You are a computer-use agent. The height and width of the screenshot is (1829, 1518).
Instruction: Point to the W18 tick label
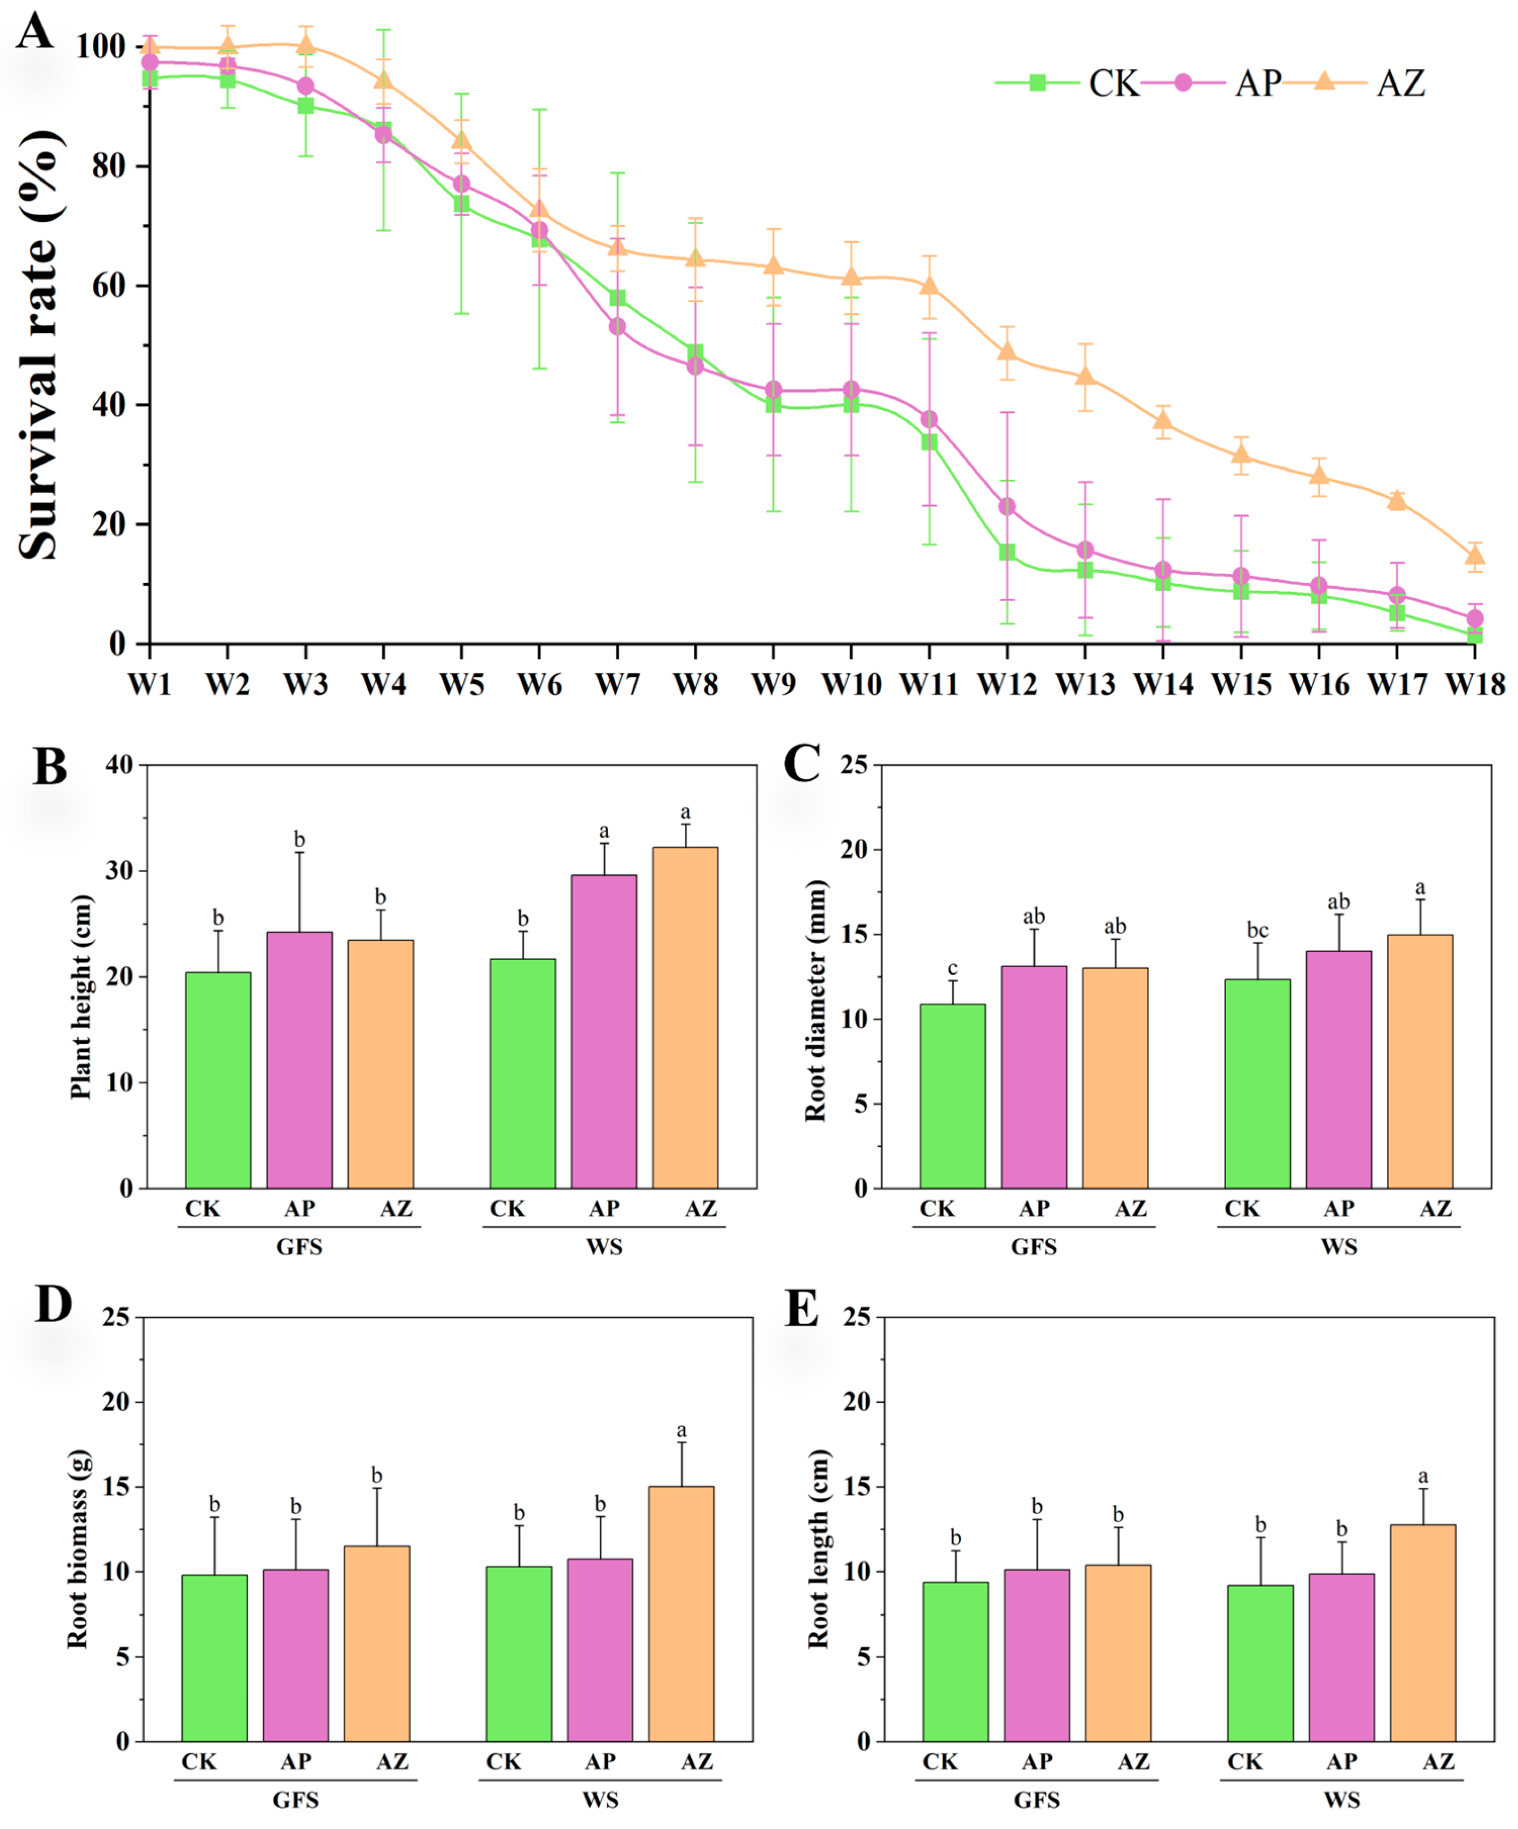pos(1474,685)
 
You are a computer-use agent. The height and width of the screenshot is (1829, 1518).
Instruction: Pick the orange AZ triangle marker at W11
pos(929,286)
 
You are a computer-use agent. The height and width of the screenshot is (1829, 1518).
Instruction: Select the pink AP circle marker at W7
pos(617,327)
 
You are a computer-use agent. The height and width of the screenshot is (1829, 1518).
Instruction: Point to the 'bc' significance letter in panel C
pos(1257,930)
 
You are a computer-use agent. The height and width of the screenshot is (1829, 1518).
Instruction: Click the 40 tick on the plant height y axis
pos(119,765)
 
